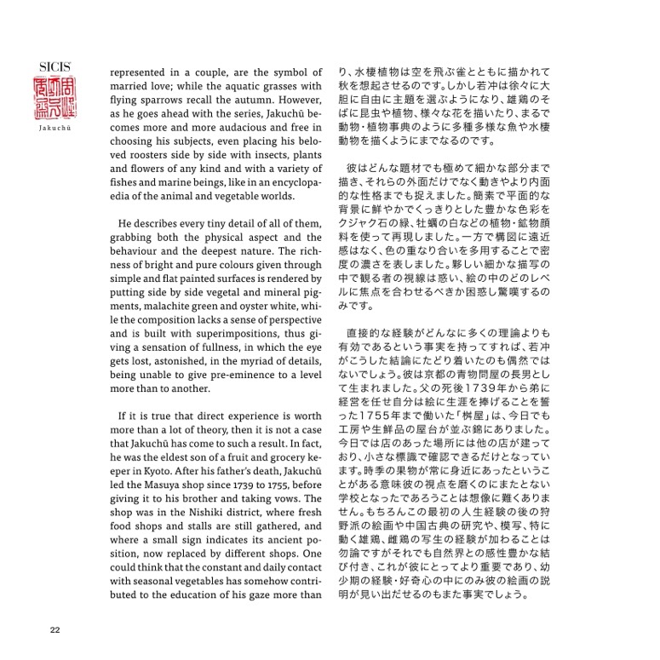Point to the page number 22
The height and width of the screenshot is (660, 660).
54,630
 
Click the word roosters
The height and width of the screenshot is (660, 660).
141,158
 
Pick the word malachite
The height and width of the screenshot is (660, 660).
187,318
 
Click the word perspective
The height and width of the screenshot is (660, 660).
281,332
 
